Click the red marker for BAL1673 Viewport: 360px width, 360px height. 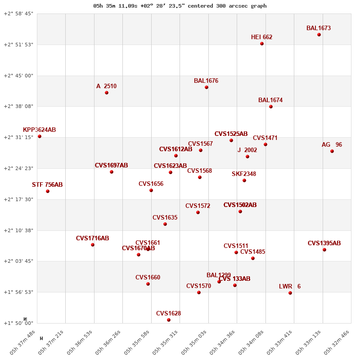click(x=319, y=35)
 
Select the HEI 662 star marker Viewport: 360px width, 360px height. click(x=262, y=44)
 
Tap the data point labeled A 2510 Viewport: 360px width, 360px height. click(x=107, y=93)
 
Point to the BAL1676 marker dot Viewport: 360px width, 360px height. click(x=207, y=87)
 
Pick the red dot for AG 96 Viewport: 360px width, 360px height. click(x=332, y=151)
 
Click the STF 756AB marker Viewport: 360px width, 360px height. click(x=48, y=191)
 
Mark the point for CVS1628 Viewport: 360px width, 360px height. click(x=169, y=320)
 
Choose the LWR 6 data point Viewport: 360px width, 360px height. click(x=290, y=293)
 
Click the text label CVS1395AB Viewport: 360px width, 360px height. click(x=324, y=243)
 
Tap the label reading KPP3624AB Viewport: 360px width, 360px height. click(x=40, y=130)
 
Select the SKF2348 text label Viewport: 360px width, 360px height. click(x=244, y=174)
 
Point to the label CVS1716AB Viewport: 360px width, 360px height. click(x=92, y=238)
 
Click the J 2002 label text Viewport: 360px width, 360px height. click(x=247, y=150)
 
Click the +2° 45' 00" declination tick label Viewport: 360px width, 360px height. click(x=18, y=76)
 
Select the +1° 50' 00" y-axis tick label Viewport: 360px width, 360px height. click(x=18, y=323)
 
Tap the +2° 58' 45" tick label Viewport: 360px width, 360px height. click(x=18, y=14)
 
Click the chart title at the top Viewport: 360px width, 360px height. click(x=180, y=6)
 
